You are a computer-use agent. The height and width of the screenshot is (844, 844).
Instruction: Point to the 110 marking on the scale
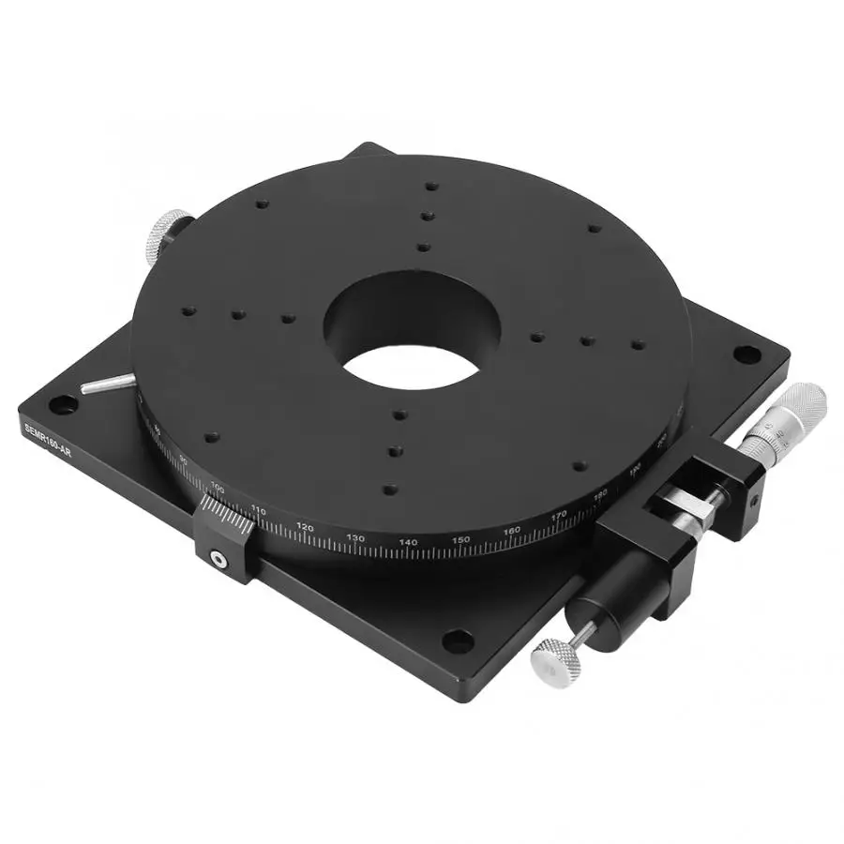259,511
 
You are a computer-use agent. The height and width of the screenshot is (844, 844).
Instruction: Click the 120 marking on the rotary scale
305,527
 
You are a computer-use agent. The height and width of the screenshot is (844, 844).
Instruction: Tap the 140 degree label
408,542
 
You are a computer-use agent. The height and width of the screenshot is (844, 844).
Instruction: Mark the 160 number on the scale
512,531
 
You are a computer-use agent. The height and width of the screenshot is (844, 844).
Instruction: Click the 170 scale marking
559,515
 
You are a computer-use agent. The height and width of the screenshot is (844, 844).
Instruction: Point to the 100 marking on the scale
218,488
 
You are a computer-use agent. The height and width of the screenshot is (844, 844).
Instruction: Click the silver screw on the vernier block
219,560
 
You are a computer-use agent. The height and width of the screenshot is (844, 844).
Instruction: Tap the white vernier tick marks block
228,519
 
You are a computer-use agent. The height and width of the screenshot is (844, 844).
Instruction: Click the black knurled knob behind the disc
166,234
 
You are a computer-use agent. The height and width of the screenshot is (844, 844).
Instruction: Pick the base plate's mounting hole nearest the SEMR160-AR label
61,404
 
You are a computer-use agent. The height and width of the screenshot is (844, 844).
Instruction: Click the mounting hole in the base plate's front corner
457,642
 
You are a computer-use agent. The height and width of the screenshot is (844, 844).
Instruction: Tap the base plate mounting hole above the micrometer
744,355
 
